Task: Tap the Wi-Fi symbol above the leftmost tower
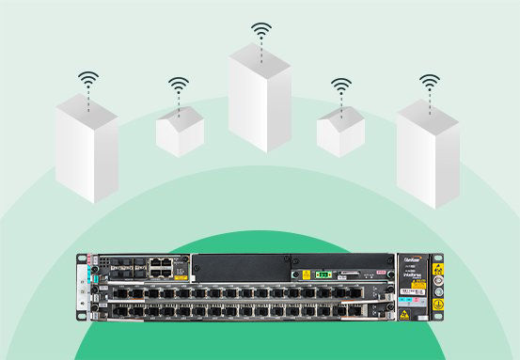click(x=87, y=80)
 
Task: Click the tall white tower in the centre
click(x=260, y=98)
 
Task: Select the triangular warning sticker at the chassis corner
click(x=412, y=314)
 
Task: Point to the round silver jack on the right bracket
click(x=435, y=301)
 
